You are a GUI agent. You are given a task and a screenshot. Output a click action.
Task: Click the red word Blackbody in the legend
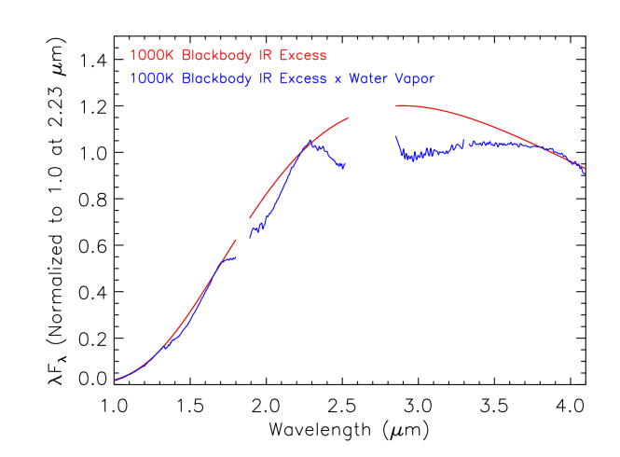(x=213, y=56)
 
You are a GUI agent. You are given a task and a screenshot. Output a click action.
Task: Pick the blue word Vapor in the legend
(x=415, y=79)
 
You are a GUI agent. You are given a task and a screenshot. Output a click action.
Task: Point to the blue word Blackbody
(x=213, y=79)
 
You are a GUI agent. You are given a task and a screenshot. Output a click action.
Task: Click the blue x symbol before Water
(x=338, y=80)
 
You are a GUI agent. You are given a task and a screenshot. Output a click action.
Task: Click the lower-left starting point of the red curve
(x=115, y=380)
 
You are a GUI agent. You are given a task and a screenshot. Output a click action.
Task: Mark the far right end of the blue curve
(x=586, y=173)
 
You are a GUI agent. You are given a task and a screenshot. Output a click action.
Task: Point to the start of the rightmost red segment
(x=395, y=105)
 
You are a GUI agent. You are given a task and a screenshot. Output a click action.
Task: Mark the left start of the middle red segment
(x=250, y=217)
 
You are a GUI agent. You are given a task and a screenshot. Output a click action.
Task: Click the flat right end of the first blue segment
(x=237, y=256)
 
